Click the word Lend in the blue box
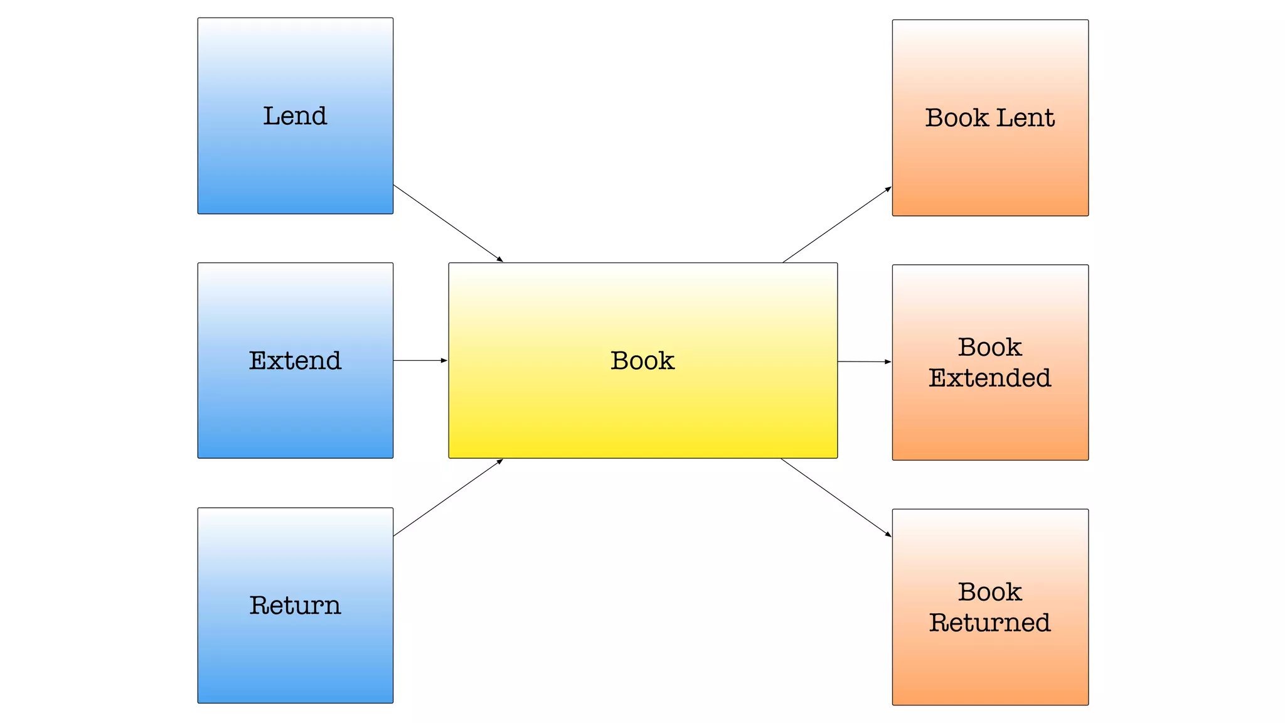295,116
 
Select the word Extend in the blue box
295,361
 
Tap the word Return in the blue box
295,606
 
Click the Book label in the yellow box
642,361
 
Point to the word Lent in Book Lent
1025,118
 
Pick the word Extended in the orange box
989,378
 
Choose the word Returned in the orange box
989,623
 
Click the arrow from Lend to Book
448,223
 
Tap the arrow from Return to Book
448,498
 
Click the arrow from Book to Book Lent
836,225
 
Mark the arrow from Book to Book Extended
863,361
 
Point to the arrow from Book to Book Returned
836,498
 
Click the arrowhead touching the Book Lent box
888,189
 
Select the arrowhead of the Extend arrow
444,361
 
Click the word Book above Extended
989,347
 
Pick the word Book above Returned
989,592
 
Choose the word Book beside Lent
956,118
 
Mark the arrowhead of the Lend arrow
500,259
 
